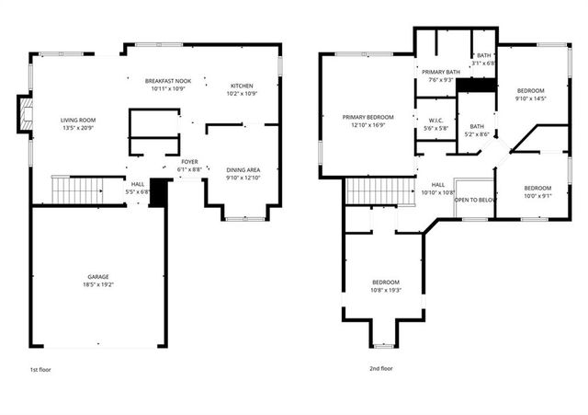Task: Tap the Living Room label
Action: (78, 120)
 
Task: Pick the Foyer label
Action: (188, 162)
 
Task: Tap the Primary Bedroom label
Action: (367, 117)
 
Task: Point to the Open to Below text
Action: (476, 199)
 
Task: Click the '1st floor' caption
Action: (40, 368)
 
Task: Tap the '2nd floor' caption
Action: (380, 368)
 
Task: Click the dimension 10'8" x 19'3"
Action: (386, 290)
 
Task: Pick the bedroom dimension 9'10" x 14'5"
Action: (531, 98)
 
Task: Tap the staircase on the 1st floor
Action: (76, 190)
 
